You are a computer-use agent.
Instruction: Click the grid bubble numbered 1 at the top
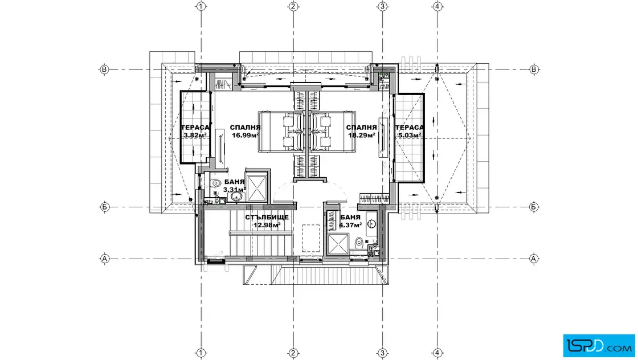tap(201, 6)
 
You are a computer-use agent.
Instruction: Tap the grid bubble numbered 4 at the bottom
tap(437, 353)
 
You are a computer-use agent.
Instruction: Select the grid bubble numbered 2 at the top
tap(293, 6)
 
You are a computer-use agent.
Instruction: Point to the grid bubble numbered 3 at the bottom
tap(382, 353)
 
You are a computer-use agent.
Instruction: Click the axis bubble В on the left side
tap(105, 69)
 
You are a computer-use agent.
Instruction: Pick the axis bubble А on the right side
tap(534, 258)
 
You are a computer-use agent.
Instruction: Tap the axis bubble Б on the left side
tap(105, 207)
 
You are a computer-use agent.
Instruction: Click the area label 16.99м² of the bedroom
tap(246, 136)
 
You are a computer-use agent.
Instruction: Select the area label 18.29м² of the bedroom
tap(361, 136)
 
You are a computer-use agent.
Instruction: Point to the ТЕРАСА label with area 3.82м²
tap(195, 128)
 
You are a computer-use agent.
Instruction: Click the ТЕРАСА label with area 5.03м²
tap(410, 128)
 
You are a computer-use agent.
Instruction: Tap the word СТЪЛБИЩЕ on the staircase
tap(267, 217)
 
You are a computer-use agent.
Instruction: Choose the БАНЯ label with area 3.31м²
tap(234, 182)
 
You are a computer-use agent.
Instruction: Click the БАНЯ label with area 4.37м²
tap(350, 217)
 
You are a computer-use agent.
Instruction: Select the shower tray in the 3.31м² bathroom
tap(257, 188)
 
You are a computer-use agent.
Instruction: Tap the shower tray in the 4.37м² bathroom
tap(338, 244)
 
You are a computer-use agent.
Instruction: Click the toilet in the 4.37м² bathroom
tap(359, 243)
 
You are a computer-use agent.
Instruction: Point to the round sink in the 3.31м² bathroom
tap(236, 197)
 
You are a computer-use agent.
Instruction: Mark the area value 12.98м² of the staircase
tap(267, 225)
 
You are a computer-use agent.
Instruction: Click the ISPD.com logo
tap(599, 345)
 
